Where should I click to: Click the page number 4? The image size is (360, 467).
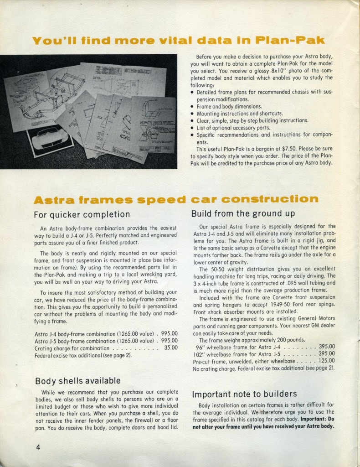tap(38, 447)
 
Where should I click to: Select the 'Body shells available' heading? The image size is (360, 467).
tap(78, 380)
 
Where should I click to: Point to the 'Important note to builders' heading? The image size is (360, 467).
tap(244, 394)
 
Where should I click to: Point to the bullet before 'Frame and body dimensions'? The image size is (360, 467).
tap(193, 106)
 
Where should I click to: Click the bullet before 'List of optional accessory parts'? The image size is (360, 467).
tap(193, 128)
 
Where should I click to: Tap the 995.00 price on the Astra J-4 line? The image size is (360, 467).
tap(168, 334)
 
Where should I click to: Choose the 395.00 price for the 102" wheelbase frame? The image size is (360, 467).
tap(326, 353)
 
